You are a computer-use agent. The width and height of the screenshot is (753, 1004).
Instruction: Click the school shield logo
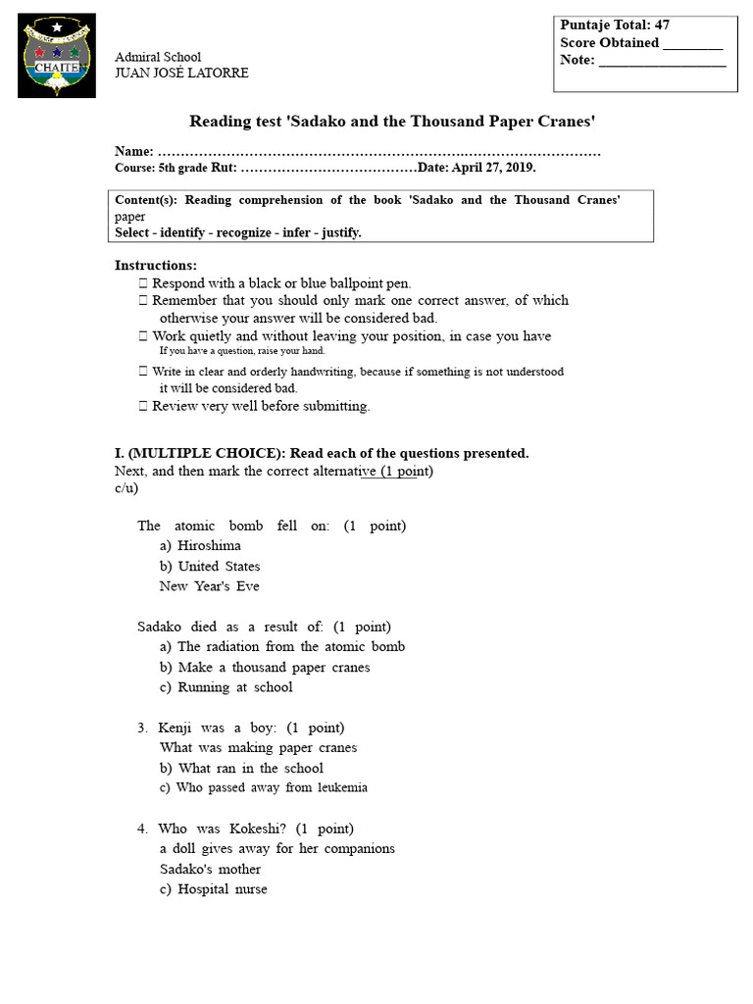click(57, 55)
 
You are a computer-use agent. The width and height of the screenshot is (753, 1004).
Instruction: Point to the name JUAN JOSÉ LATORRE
click(181, 74)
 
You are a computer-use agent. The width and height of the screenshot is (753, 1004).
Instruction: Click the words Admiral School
click(158, 57)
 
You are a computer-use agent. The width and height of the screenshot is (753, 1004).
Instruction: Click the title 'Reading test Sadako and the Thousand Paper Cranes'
click(392, 121)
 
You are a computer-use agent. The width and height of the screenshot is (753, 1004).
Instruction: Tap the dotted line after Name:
click(378, 152)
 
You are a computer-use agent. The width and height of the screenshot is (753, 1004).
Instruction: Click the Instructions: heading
click(156, 266)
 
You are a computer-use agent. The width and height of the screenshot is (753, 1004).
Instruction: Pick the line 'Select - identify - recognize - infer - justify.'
click(238, 232)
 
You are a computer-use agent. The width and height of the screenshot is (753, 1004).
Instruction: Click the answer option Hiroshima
click(209, 546)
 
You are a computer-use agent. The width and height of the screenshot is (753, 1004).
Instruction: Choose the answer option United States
click(219, 567)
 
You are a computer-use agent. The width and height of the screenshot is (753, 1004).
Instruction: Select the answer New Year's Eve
click(209, 586)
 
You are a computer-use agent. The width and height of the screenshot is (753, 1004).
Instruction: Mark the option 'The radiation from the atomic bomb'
click(290, 647)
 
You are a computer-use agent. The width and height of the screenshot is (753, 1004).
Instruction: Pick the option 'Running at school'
click(234, 687)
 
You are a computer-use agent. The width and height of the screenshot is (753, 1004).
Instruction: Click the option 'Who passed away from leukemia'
click(272, 787)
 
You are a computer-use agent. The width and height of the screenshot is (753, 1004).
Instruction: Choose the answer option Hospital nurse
click(222, 889)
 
